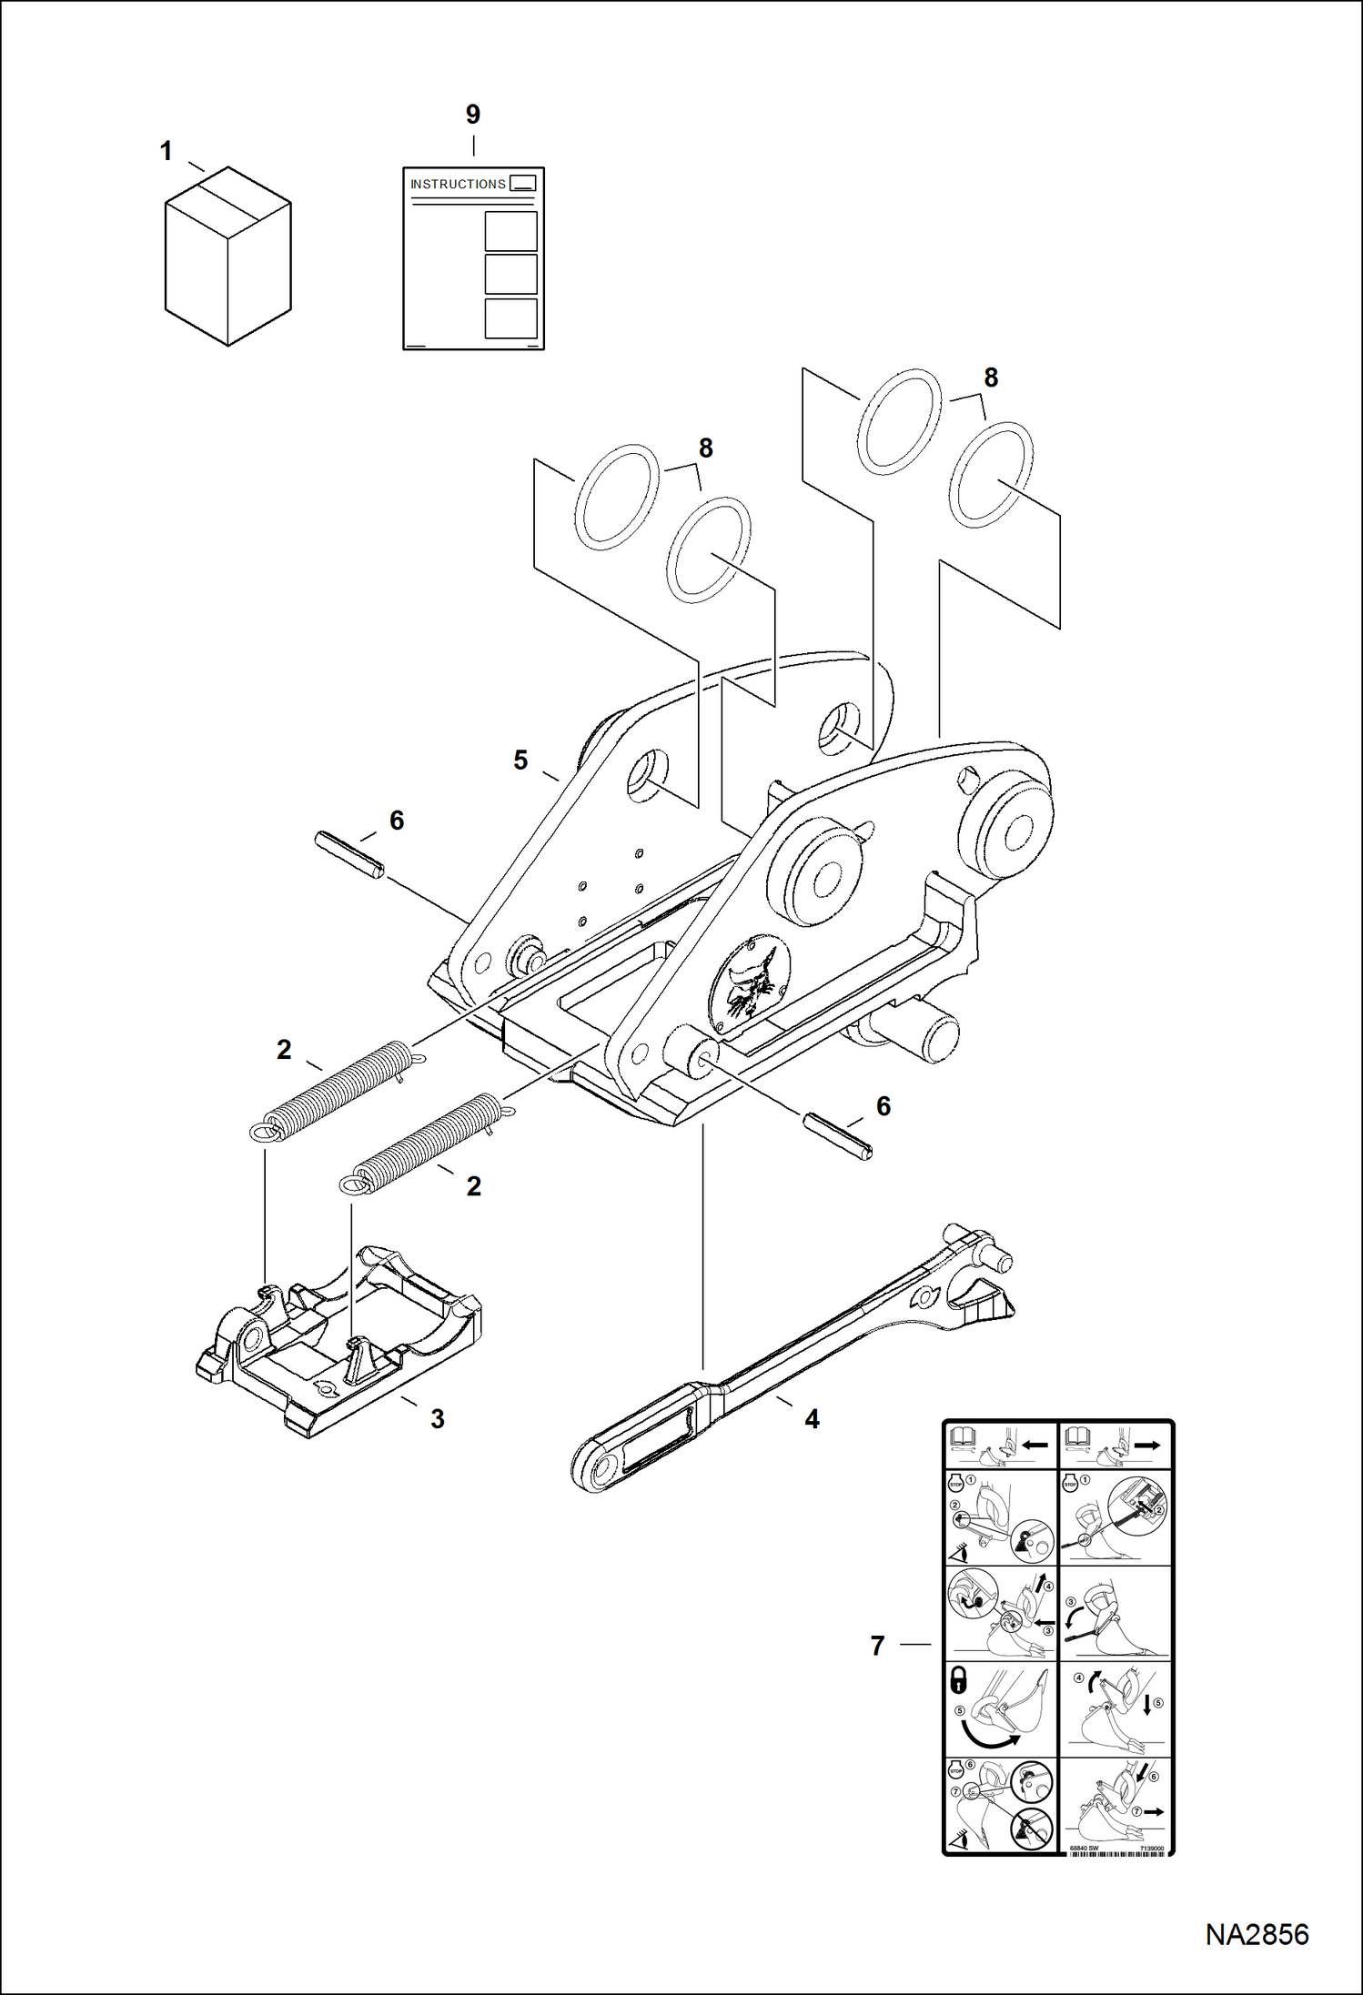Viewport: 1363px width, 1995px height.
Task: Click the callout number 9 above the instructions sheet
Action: (x=472, y=115)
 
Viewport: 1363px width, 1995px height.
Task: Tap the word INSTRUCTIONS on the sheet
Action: (x=458, y=184)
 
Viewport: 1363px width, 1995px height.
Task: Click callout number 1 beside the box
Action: (x=166, y=151)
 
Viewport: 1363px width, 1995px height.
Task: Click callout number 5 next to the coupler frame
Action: (x=520, y=760)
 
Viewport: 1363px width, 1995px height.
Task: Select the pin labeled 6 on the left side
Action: (x=349, y=854)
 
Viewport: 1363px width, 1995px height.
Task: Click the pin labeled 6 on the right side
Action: (x=838, y=1136)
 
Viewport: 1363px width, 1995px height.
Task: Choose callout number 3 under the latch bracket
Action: (x=438, y=1418)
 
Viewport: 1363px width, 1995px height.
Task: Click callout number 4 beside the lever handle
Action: (x=812, y=1418)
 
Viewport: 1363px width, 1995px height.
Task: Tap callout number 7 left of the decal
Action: (x=877, y=1645)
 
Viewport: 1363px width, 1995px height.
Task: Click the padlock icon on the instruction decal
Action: (x=958, y=1679)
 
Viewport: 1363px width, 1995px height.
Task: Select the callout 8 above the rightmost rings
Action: (x=991, y=377)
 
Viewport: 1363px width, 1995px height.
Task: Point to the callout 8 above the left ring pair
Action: (x=706, y=448)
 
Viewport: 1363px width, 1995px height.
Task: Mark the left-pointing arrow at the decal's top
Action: (x=1035, y=1445)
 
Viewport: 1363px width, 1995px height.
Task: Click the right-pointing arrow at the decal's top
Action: (x=1147, y=1445)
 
